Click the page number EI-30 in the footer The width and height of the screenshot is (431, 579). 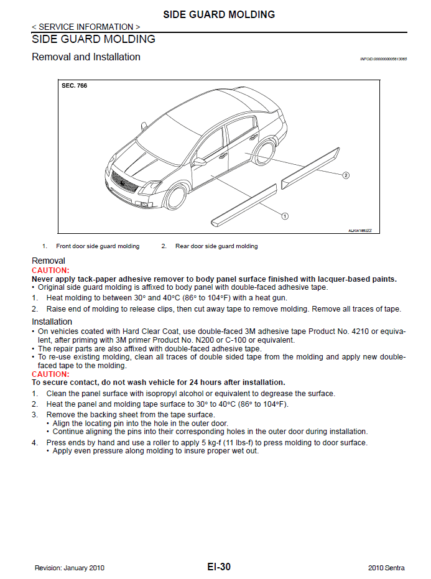click(x=219, y=567)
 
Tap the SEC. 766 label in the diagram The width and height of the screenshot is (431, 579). click(x=74, y=86)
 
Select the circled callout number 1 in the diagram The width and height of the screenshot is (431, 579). click(x=284, y=216)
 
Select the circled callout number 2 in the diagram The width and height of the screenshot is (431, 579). click(x=346, y=175)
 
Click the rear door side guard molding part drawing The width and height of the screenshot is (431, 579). click(x=311, y=166)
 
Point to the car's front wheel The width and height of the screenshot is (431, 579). click(x=176, y=195)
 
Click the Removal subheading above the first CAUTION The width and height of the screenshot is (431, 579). click(x=48, y=261)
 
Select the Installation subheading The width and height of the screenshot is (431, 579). click(x=52, y=322)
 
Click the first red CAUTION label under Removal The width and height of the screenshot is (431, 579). click(x=50, y=271)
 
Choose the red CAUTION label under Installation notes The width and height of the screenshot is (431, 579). click(x=50, y=374)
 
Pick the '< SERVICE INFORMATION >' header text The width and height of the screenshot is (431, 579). click(x=86, y=27)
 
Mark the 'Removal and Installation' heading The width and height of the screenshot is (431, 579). click(x=86, y=57)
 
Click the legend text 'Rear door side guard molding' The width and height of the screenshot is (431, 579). click(x=216, y=246)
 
